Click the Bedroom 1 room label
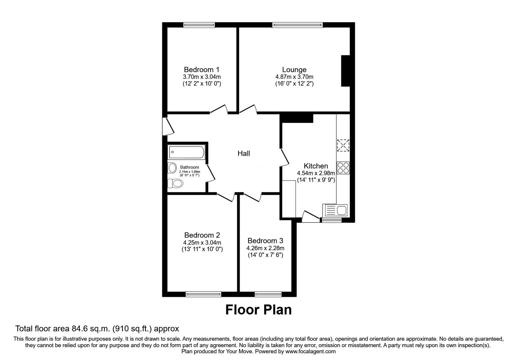pos(202,69)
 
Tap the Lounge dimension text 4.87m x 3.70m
pos(294,77)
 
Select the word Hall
pos(244,153)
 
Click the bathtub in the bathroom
pos(186,152)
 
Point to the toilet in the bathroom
pos(175,183)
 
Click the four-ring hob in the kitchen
pos(343,168)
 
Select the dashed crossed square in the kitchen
pos(343,145)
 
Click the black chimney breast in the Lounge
pos(345,71)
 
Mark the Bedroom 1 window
pos(199,25)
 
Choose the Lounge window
pos(298,25)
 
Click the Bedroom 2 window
pos(203,294)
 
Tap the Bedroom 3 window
pos(268,294)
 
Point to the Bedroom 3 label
pos(265,240)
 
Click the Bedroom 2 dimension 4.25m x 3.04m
pos(202,243)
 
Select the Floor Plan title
pos(258,310)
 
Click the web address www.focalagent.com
pos(311,352)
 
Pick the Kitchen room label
pos(316,166)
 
